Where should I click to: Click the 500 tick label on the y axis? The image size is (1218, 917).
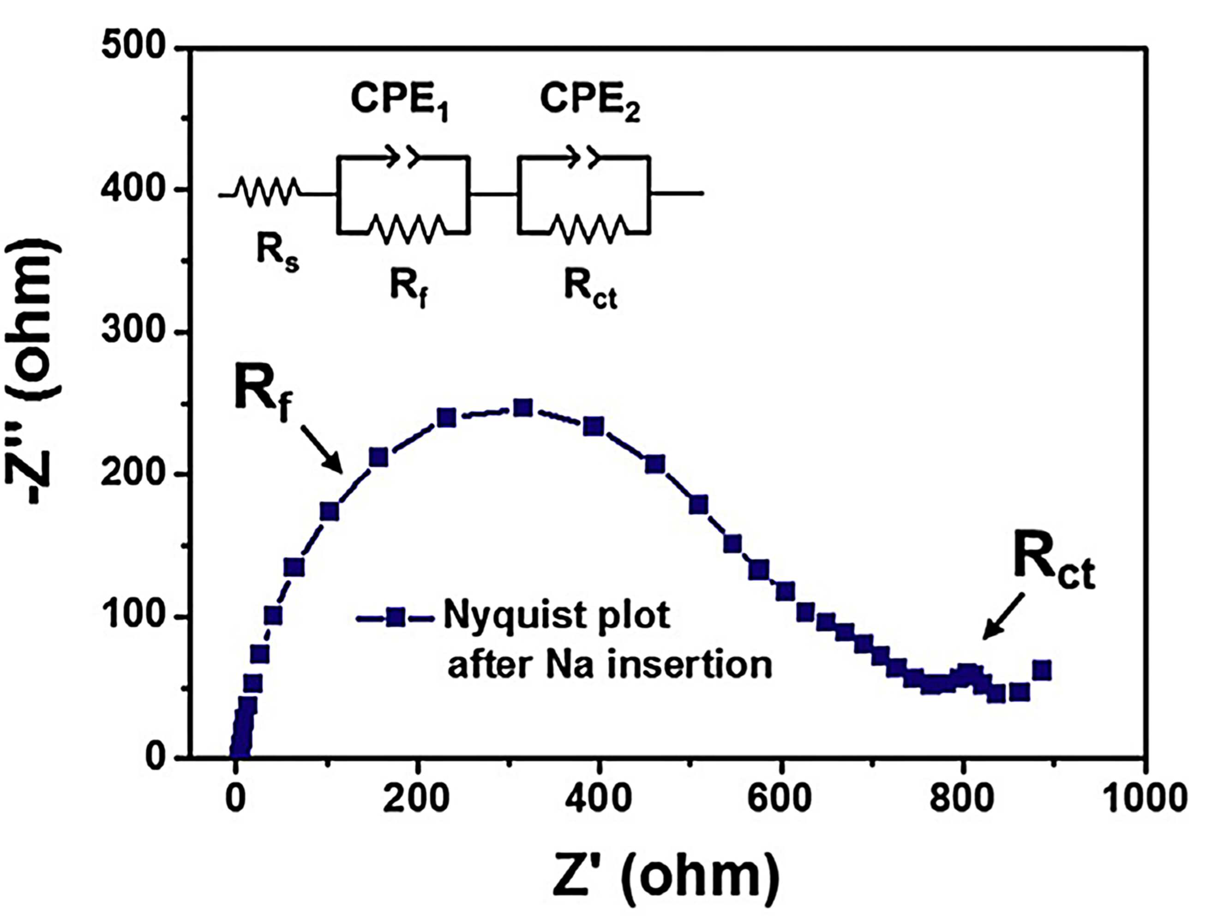coord(134,48)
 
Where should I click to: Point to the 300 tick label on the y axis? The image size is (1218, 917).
coord(134,332)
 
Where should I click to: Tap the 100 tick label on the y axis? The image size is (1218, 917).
coord(134,617)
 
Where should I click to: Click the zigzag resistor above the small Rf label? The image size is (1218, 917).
coord(406,229)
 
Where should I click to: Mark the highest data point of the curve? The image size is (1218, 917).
coord(522,408)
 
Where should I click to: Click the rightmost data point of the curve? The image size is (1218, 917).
coord(1042,670)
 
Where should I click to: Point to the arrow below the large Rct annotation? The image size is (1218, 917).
coord(1003,617)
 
